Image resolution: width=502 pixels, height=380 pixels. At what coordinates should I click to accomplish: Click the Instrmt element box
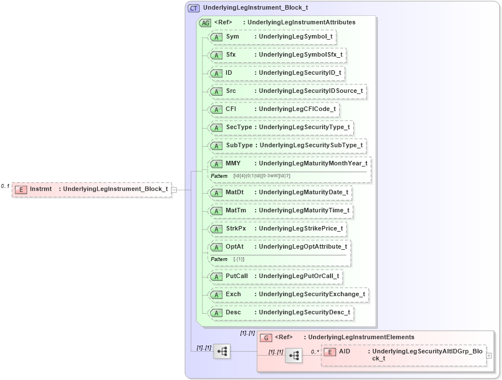(91, 189)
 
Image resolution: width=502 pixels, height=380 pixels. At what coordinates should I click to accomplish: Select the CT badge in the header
(194, 8)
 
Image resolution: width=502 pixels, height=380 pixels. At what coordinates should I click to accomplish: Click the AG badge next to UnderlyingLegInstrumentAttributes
(205, 23)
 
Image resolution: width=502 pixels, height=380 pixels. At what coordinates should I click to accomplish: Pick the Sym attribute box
(271, 37)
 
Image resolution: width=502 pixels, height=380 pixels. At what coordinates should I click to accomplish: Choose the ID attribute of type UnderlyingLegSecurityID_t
(276, 73)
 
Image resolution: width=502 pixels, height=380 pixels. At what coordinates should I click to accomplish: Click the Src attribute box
(287, 91)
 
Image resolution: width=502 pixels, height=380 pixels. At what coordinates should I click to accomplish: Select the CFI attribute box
(273, 109)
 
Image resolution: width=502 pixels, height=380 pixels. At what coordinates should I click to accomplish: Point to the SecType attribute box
(280, 127)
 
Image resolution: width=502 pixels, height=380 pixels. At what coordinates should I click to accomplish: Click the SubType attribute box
(287, 146)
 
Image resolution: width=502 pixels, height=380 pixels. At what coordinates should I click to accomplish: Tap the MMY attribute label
(233, 164)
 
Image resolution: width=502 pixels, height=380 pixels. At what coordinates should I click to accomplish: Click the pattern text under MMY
(261, 176)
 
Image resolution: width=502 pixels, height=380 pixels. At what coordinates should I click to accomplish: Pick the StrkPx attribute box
(277, 229)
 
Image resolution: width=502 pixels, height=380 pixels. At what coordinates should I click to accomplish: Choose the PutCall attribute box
(275, 276)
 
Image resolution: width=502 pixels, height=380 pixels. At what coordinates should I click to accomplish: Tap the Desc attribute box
(281, 313)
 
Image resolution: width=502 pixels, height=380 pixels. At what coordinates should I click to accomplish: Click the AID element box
(403, 355)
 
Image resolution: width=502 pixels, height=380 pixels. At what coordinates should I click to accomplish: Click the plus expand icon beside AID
(489, 356)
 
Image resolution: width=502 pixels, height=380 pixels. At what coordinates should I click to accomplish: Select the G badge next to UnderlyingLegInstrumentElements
(266, 338)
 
